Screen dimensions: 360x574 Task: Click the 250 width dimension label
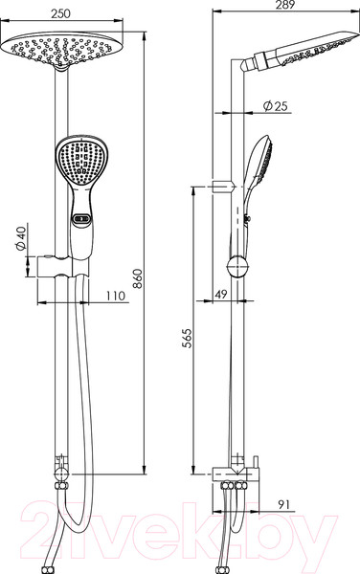coord(60,13)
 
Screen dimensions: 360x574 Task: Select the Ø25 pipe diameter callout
coord(276,106)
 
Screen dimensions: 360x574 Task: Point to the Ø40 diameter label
coord(21,238)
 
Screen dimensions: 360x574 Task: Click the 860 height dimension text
coord(137,278)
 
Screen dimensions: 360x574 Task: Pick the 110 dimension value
coord(116,296)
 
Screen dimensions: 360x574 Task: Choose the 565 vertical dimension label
coord(187,339)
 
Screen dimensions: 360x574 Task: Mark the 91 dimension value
coord(283,505)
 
